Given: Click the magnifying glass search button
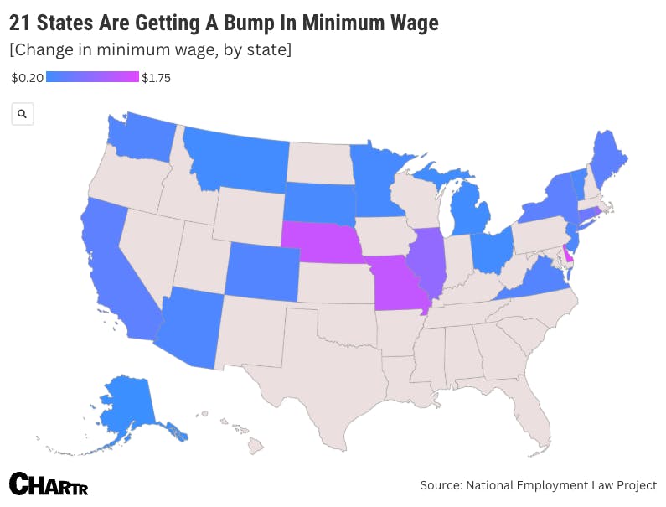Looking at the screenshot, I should point(23,114).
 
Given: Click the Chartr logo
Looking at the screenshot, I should point(49,484).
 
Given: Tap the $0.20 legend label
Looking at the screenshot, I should point(27,78).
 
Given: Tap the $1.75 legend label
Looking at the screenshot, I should point(157,78).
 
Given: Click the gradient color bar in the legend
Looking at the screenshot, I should point(92,77).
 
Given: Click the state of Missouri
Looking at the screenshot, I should point(397,285).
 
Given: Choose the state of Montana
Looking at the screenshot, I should point(239,159).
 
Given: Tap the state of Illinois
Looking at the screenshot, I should point(426,260).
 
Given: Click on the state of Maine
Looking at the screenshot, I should point(608,155).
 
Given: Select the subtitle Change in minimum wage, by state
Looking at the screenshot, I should point(151,50).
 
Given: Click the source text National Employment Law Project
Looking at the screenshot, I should point(562,485).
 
